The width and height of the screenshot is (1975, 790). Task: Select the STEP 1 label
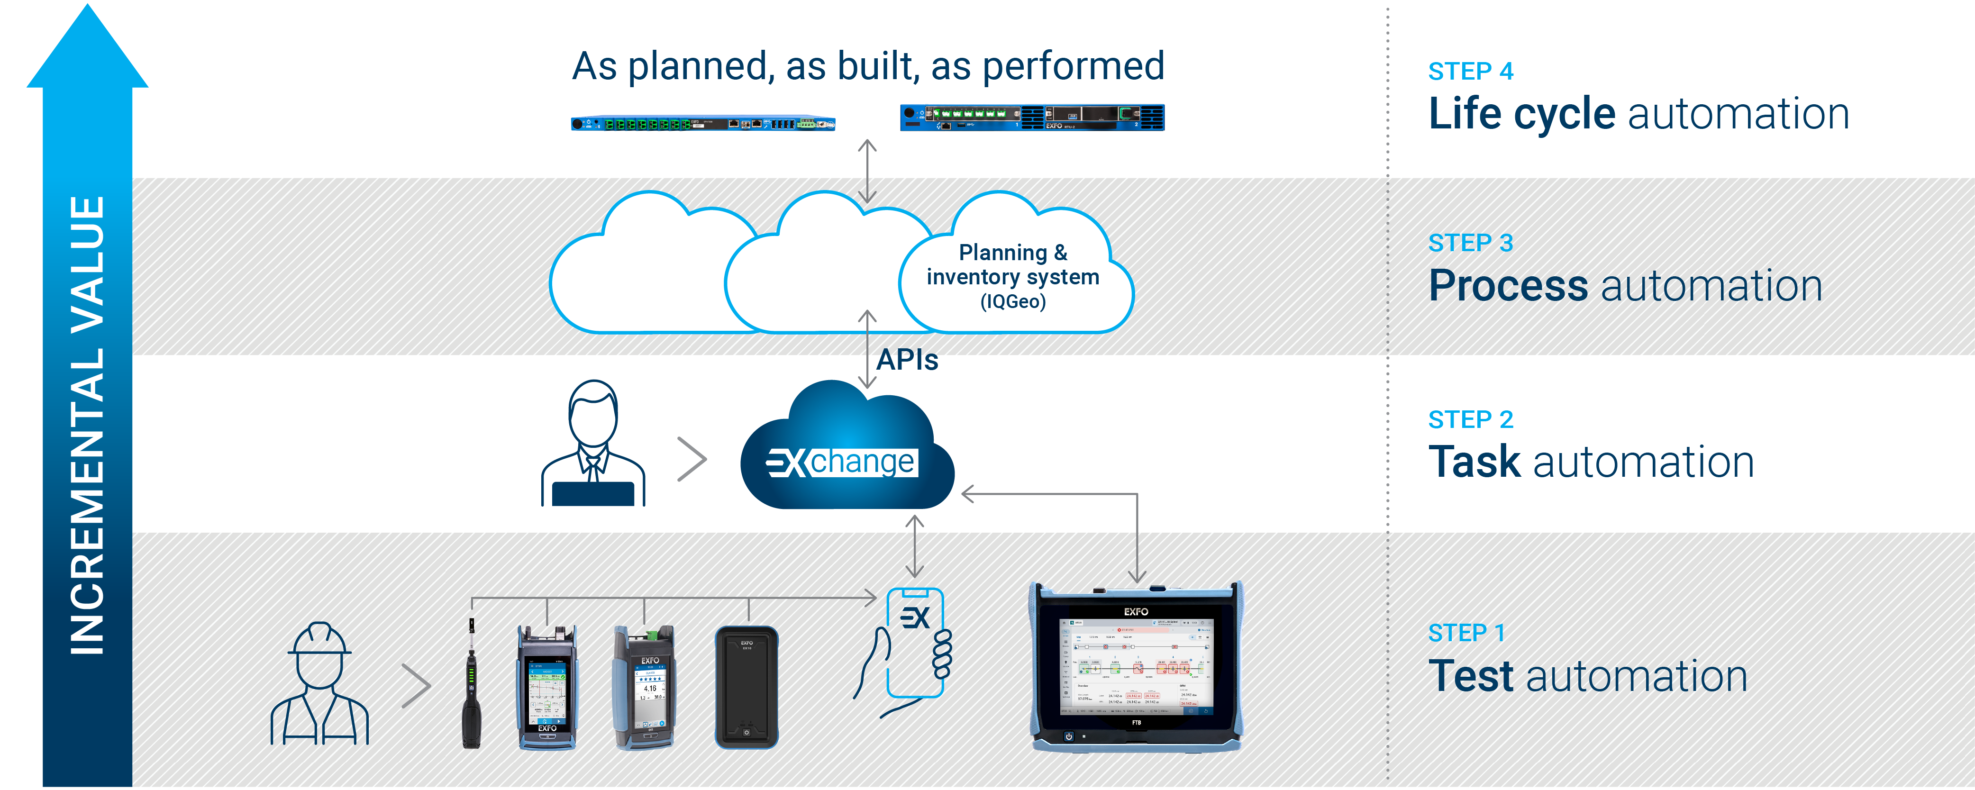pyautogui.click(x=1466, y=633)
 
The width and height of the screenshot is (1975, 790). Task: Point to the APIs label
pyautogui.click(x=907, y=359)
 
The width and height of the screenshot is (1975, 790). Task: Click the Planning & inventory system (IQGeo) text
pyautogui.click(x=1012, y=276)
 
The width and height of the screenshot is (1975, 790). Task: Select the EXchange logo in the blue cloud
pyautogui.click(x=842, y=462)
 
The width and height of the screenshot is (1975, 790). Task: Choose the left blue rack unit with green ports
pyautogui.click(x=702, y=123)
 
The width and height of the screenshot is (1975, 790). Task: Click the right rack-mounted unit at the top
pyautogui.click(x=1031, y=118)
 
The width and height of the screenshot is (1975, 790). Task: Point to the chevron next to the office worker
pyautogui.click(x=692, y=459)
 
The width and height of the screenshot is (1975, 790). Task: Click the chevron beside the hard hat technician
pyautogui.click(x=416, y=686)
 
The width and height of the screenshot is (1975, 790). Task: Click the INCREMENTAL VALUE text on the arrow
pyautogui.click(x=87, y=425)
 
